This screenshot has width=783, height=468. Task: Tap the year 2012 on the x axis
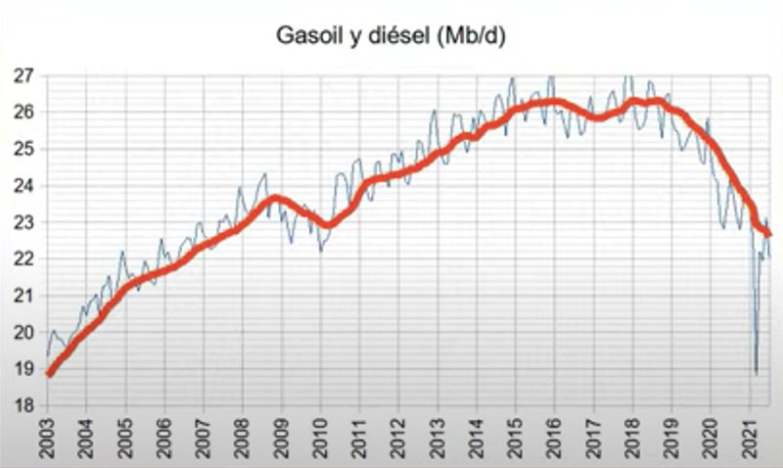click(x=397, y=438)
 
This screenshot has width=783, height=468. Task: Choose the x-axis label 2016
click(x=554, y=438)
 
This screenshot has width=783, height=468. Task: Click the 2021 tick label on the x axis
click(x=749, y=438)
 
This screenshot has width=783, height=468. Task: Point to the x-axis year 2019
click(x=671, y=438)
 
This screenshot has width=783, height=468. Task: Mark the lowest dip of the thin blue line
click(x=756, y=373)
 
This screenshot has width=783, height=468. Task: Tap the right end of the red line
click(x=768, y=234)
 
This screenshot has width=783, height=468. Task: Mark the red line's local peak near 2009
click(x=277, y=198)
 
